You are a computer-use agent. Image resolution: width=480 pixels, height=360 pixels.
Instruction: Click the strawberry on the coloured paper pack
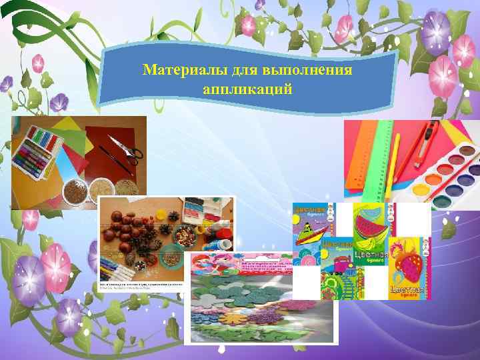coord(408,260)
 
